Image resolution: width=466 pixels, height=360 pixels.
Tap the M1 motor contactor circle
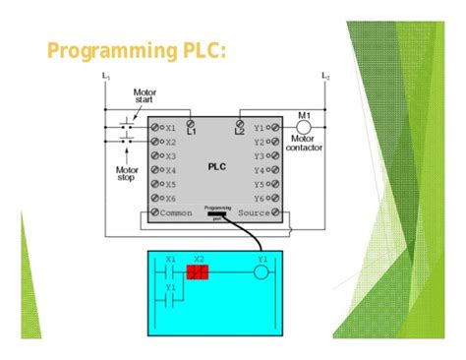pos(304,128)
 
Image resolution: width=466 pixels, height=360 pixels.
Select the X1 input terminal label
pos(171,128)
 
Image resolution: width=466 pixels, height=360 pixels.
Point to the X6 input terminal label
pos(171,197)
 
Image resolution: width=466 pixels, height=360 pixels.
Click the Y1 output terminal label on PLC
pos(260,128)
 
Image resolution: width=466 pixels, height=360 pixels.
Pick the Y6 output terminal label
pos(260,197)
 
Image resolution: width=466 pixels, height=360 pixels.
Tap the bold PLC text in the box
pos(217,166)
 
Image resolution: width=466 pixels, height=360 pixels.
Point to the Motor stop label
pos(125,173)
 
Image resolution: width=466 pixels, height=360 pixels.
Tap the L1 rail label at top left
pos(105,76)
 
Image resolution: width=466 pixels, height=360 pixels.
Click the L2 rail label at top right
pos(325,76)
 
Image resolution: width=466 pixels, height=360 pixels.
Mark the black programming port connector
pos(217,218)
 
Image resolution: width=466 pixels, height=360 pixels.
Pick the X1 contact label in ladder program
pos(170,260)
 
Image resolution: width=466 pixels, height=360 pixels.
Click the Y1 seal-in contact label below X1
pos(170,288)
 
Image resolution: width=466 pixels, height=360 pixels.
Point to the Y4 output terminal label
pos(260,169)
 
